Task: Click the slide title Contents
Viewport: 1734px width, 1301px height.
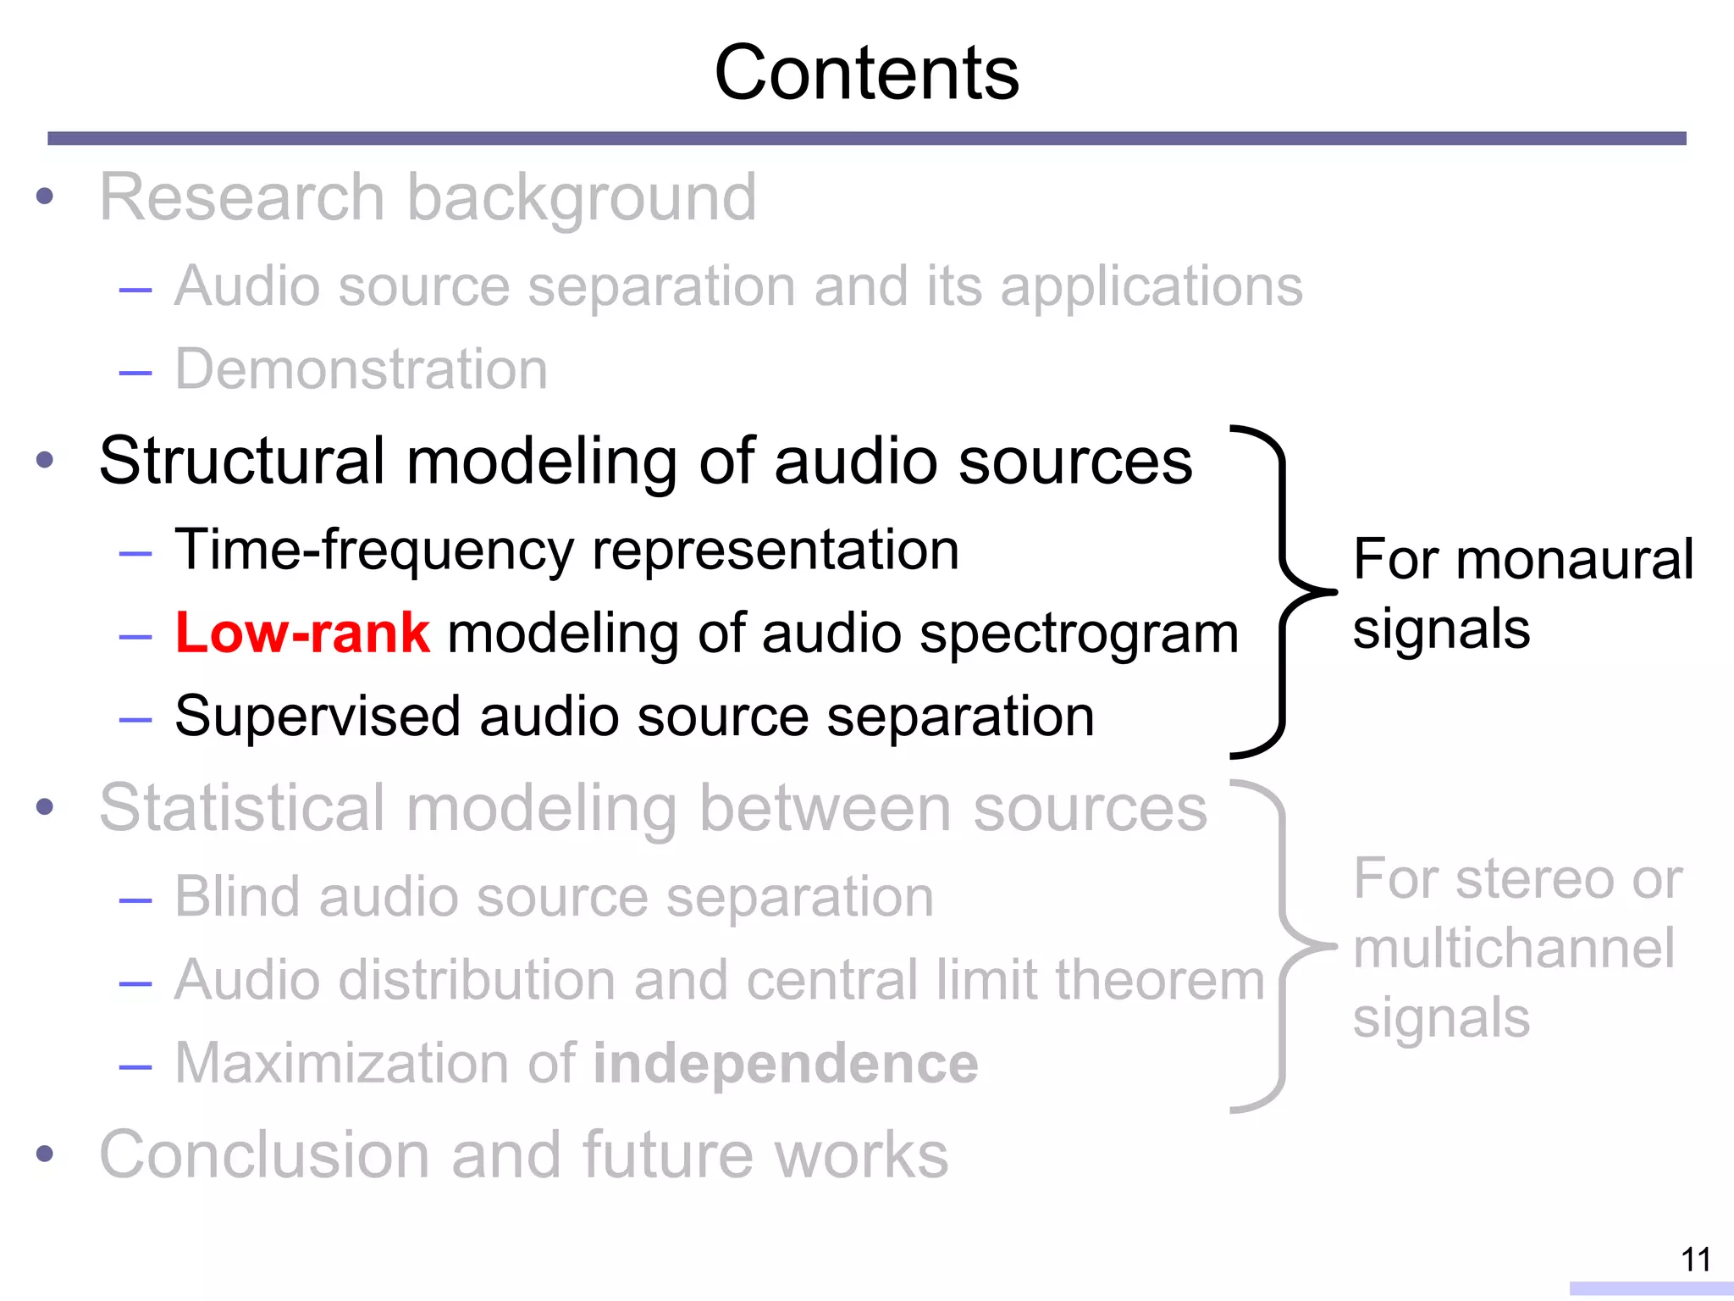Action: pos(866,74)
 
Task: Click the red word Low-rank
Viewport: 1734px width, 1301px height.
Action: pos(302,633)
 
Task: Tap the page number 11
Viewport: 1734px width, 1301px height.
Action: pos(1695,1259)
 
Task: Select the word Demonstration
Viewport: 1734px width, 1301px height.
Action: pos(362,370)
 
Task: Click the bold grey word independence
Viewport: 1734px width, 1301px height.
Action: pos(786,1063)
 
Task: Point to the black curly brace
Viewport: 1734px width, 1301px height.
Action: pos(1283,591)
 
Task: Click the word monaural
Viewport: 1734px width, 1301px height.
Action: pos(1574,560)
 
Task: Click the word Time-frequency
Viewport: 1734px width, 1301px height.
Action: pos(374,551)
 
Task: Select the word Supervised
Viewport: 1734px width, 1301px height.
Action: pos(318,717)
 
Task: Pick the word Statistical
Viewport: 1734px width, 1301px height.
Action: pos(243,808)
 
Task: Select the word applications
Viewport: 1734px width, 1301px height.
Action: pos(1151,286)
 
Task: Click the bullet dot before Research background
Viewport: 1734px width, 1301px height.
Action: pos(45,197)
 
